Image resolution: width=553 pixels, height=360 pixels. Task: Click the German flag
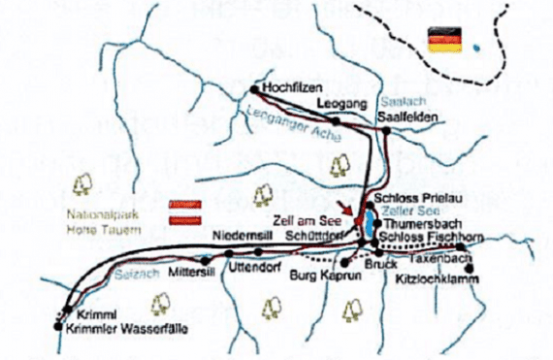click(x=445, y=40)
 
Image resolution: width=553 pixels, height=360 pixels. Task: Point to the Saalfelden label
click(x=408, y=119)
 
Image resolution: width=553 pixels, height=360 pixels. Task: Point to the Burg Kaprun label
click(x=319, y=277)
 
